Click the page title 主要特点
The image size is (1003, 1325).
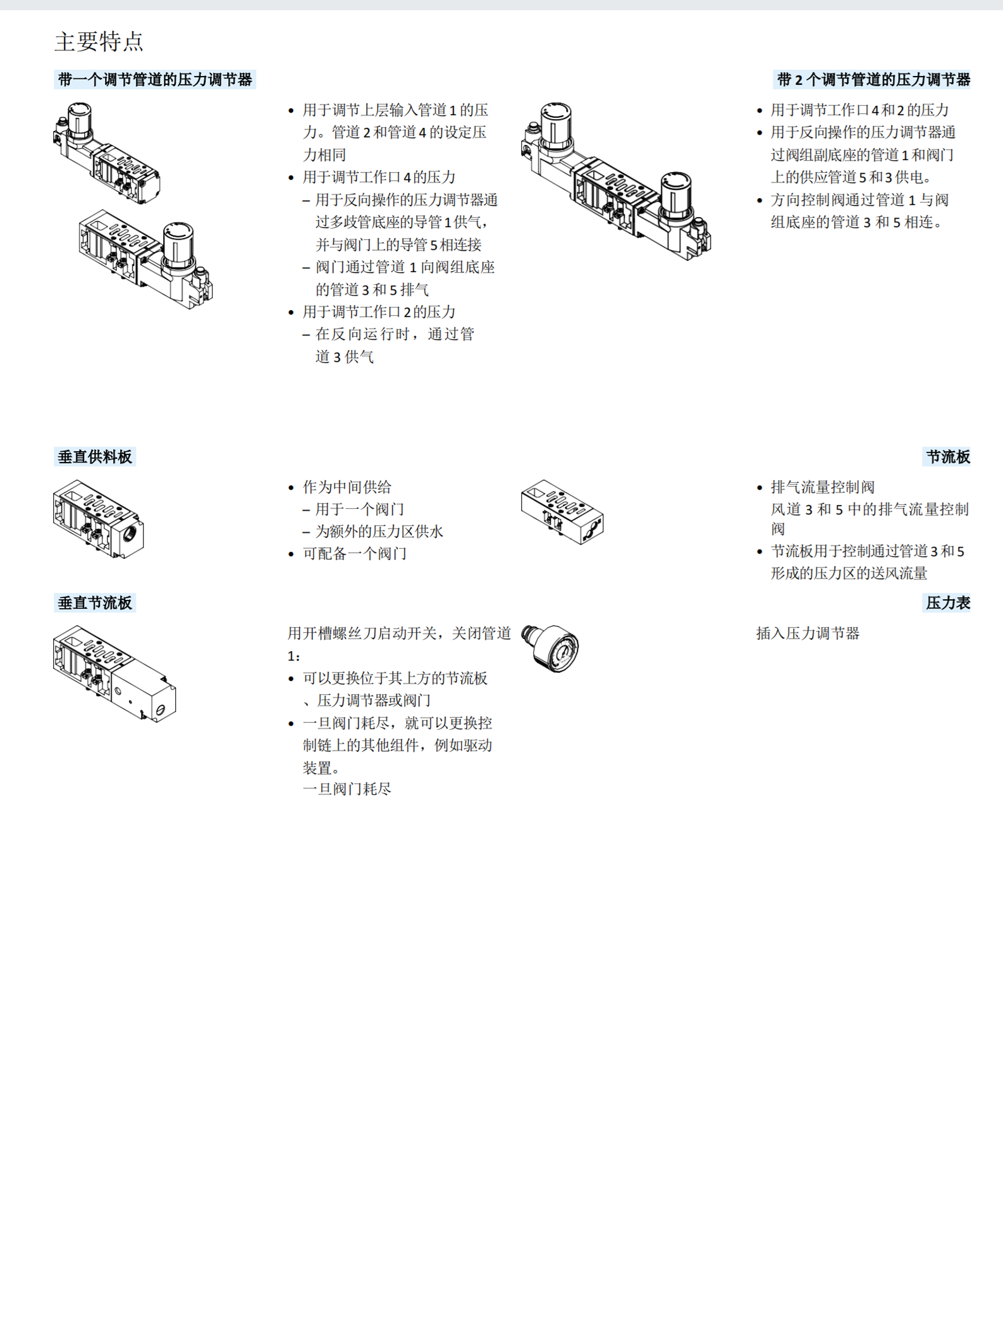click(x=99, y=42)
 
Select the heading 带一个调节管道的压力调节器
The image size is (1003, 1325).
click(x=155, y=80)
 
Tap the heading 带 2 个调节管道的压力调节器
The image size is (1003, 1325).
click(x=873, y=80)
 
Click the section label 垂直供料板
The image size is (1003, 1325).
click(x=95, y=457)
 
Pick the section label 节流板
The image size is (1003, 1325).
click(x=947, y=457)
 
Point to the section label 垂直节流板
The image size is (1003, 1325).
click(x=95, y=603)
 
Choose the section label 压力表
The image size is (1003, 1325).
click(x=947, y=603)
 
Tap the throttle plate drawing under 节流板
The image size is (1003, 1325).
click(x=562, y=512)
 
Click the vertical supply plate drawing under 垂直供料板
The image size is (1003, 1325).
click(x=98, y=519)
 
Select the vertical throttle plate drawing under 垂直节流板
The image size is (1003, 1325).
click(x=114, y=673)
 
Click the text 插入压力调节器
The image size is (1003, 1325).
click(x=808, y=633)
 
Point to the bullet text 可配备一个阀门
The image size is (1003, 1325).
click(x=354, y=554)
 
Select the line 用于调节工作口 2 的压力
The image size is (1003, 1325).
click(x=379, y=312)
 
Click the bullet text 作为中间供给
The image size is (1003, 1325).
click(x=347, y=487)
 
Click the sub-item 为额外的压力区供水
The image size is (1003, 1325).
click(x=379, y=532)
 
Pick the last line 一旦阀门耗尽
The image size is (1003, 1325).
click(x=347, y=789)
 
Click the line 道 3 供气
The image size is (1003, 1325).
click(x=345, y=357)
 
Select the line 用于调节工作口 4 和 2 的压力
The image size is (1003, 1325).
click(x=859, y=110)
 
